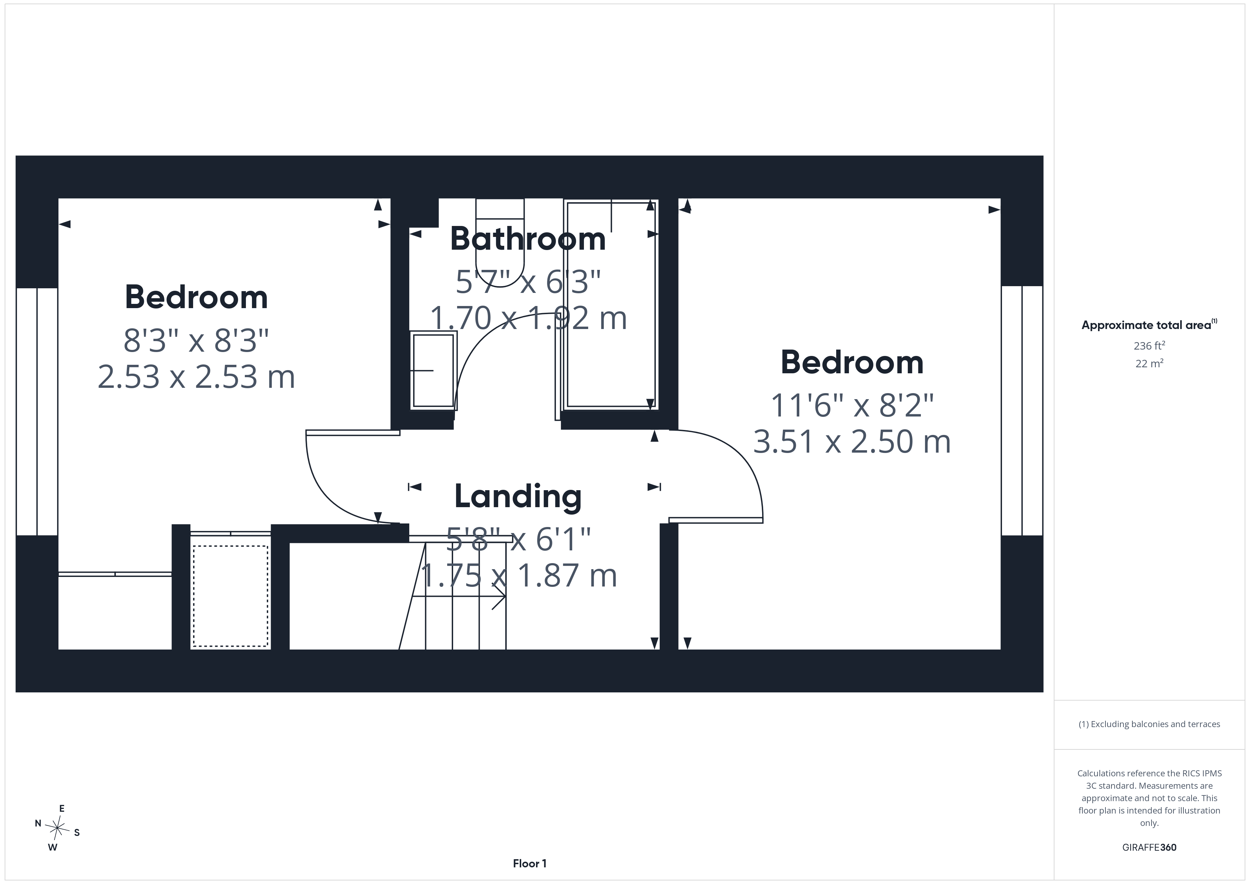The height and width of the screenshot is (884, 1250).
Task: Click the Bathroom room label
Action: click(x=528, y=239)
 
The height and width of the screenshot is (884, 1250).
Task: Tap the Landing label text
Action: click(x=518, y=497)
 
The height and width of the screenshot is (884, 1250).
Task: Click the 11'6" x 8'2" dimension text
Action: click(x=852, y=406)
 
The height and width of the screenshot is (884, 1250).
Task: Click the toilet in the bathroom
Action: click(x=500, y=242)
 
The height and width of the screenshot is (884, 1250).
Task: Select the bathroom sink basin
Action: click(x=433, y=371)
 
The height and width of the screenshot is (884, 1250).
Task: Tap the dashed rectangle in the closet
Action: click(x=231, y=596)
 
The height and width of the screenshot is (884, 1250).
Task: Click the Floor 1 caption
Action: click(x=530, y=863)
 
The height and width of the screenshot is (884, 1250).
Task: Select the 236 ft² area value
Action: click(x=1149, y=346)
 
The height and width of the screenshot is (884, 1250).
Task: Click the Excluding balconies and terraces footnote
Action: click(x=1149, y=724)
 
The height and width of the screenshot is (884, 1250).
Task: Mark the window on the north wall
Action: click(x=37, y=412)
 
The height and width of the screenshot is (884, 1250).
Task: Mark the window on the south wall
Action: click(x=1022, y=410)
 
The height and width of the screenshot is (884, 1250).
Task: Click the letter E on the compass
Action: click(x=62, y=809)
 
